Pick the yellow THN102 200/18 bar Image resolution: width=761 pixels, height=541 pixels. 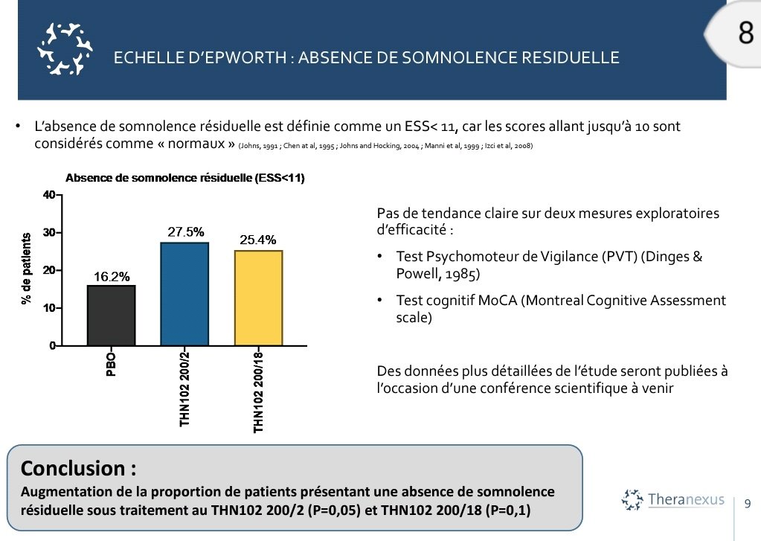point(257,298)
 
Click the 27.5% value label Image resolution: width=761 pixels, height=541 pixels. point(185,232)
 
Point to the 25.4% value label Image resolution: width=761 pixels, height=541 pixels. point(258,240)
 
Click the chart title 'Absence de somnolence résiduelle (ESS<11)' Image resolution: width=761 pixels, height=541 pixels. point(185,179)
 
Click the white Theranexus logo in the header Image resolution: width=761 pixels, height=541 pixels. point(65,49)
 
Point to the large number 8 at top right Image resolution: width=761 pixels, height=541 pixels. point(746,34)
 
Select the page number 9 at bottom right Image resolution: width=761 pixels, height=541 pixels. point(748,504)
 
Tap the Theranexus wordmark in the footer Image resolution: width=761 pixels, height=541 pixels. point(685,499)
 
